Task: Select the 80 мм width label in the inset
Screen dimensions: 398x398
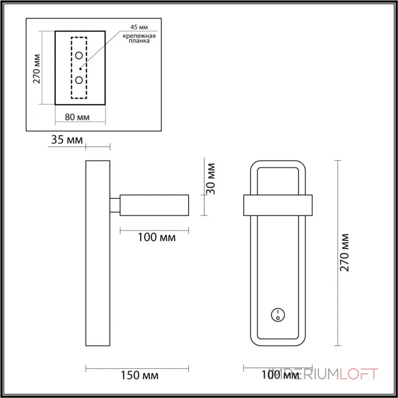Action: coord(77,117)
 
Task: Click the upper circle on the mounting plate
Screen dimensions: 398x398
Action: coord(79,55)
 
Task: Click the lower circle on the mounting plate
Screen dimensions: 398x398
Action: coord(79,80)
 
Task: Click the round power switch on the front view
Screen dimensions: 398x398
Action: coord(277,314)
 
